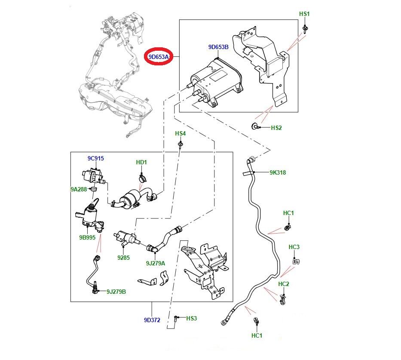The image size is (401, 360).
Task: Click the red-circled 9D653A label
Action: tap(158, 57)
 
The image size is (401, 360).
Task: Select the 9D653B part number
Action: tap(218, 48)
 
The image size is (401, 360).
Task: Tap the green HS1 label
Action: tap(304, 14)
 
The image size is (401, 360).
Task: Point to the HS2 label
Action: tap(276, 128)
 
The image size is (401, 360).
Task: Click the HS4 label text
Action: tap(181, 134)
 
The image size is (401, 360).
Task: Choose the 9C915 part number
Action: tap(96, 158)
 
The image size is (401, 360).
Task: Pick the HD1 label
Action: tap(141, 162)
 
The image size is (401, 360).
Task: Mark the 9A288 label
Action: tap(79, 189)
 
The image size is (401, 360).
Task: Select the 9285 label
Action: tap(123, 258)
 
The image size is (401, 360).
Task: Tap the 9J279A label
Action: tap(155, 263)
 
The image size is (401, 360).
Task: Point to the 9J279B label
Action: tap(116, 292)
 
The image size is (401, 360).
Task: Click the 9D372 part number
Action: tap(152, 320)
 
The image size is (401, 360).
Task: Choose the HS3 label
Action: tap(191, 318)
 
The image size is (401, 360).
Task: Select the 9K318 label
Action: tap(278, 173)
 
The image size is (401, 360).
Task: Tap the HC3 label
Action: tap(294, 247)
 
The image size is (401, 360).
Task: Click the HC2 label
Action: tap(284, 284)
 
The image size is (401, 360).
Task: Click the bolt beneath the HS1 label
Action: tap(305, 29)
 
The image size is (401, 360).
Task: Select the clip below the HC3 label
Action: tap(296, 260)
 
